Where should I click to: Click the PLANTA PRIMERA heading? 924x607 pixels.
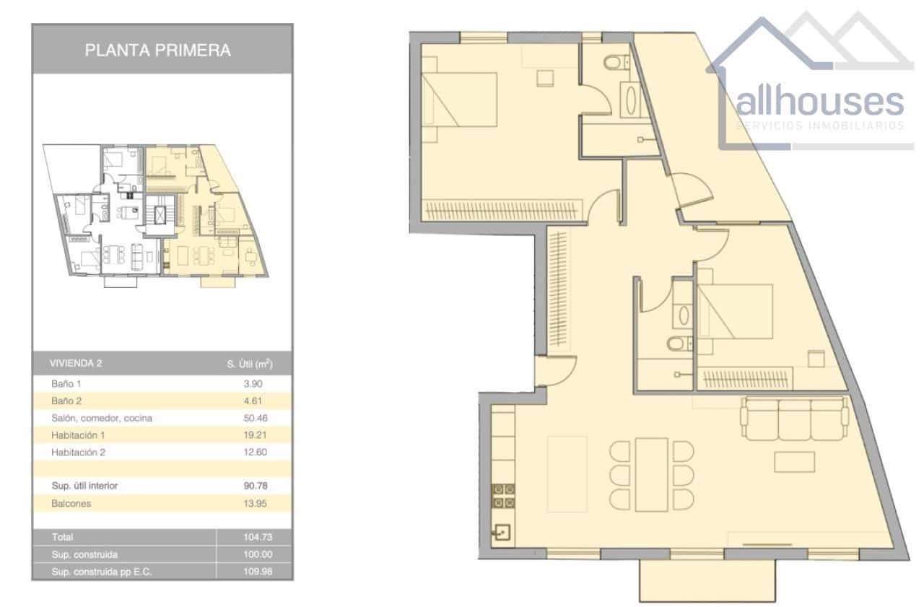pos(158,51)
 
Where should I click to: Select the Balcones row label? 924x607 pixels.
pos(71,504)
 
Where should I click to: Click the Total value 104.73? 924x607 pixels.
pos(255,538)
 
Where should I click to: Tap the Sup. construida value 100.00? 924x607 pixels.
pos(255,555)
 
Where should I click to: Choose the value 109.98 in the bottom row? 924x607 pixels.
pos(255,572)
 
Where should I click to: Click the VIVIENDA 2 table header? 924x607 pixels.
pos(75,364)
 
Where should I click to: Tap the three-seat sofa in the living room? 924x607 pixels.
pos(793,419)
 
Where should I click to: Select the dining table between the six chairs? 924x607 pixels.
pos(651,474)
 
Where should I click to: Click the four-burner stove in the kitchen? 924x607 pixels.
pos(504,497)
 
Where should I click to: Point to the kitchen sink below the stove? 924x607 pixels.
pos(503,533)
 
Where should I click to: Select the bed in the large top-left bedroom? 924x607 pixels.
pos(461,98)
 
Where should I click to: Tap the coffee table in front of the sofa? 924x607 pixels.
pos(794,461)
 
